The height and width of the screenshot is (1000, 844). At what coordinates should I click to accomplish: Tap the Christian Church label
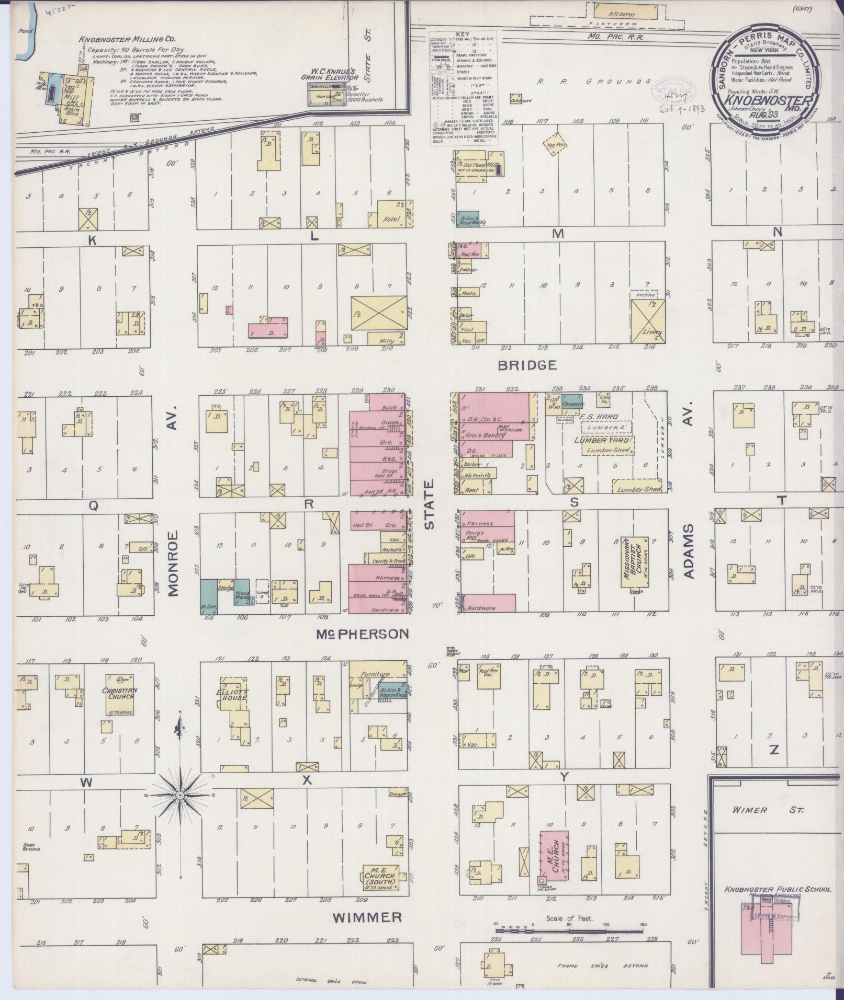[x=120, y=694]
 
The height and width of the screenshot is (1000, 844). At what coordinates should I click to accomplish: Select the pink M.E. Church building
[x=554, y=857]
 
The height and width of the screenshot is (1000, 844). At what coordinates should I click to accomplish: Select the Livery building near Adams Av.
[x=649, y=321]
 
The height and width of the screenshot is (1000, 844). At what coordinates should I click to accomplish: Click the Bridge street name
[x=527, y=365]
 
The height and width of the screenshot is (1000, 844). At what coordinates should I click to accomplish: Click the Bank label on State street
[x=388, y=407]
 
